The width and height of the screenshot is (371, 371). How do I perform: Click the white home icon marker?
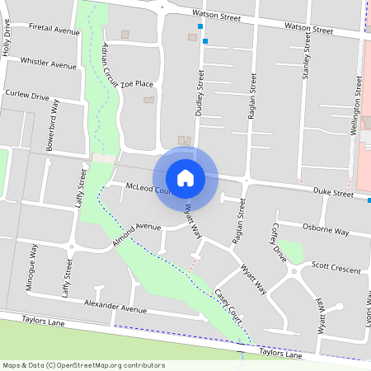(185, 177)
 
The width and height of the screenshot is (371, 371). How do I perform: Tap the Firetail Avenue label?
(54, 30)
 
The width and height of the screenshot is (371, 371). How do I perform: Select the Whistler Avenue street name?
(48, 63)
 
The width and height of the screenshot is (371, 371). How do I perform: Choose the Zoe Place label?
(137, 83)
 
